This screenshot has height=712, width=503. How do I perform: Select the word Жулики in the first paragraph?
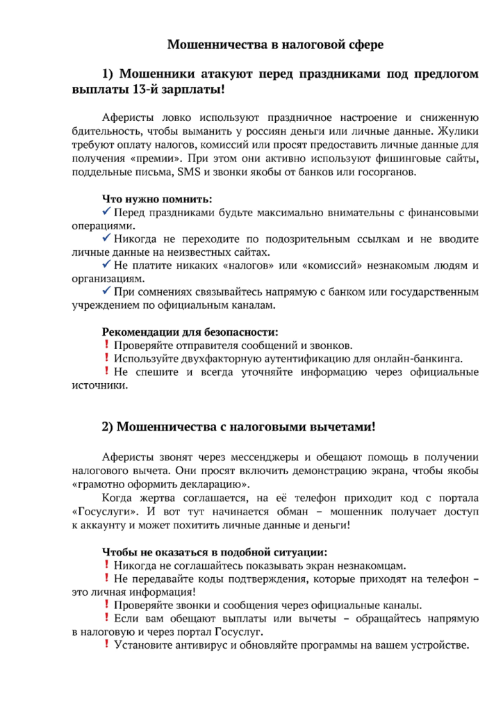click(x=453, y=131)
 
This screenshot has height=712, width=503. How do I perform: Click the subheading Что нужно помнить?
click(x=157, y=200)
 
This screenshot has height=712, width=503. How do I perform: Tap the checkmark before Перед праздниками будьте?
click(x=106, y=212)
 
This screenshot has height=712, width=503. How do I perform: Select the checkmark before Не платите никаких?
click(x=106, y=266)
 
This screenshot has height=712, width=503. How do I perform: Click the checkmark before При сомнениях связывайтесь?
click(x=106, y=292)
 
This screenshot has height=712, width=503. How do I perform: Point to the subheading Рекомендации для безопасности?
click(x=190, y=332)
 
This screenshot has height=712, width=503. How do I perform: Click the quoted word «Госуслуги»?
click(x=101, y=512)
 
